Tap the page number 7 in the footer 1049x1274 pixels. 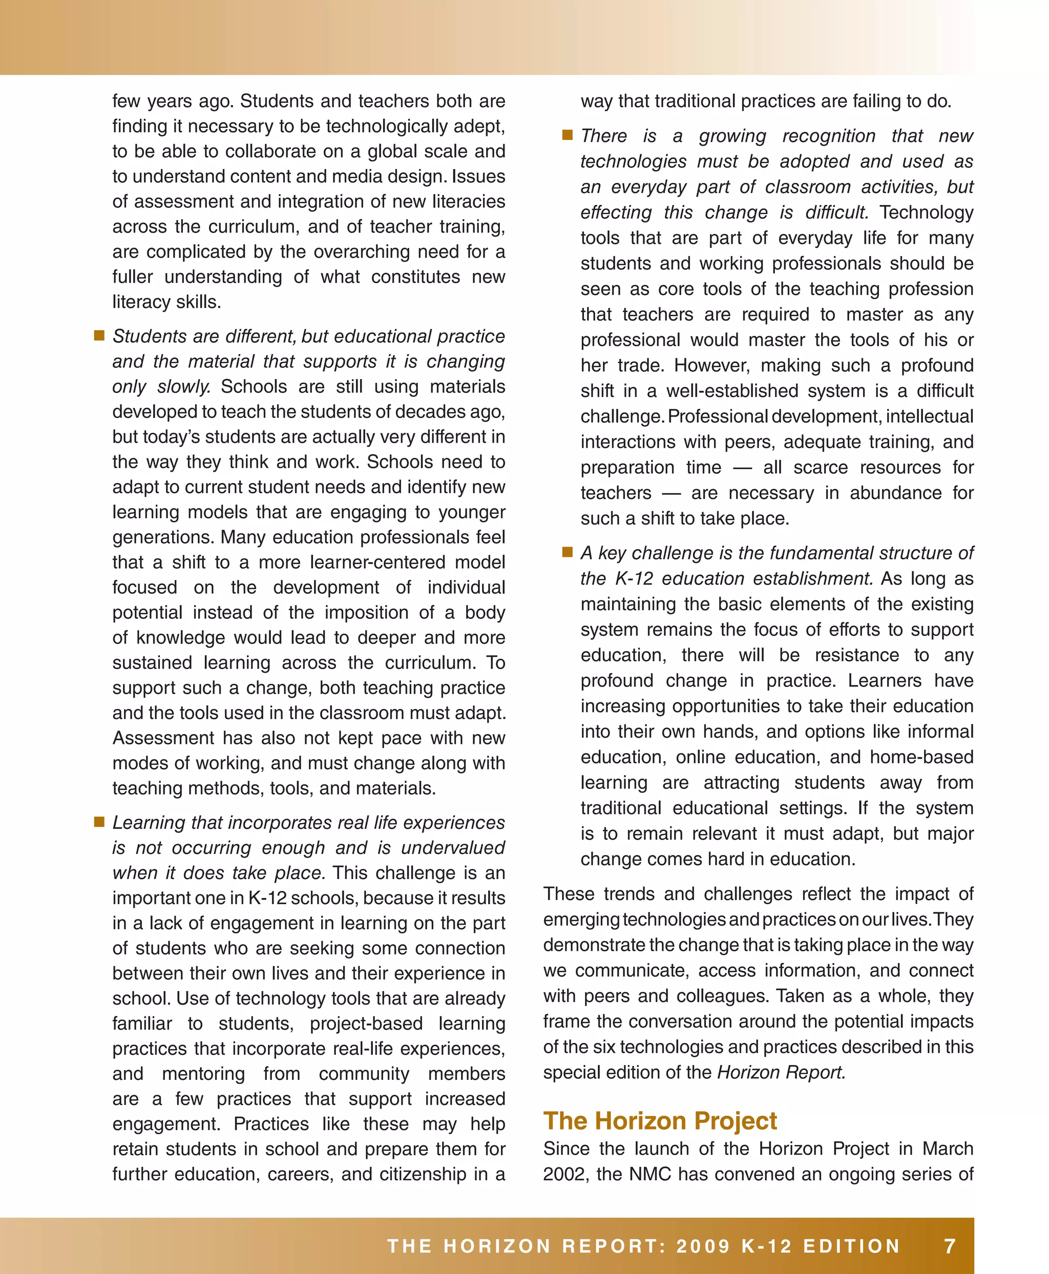point(950,1246)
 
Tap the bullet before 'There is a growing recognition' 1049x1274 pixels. point(568,135)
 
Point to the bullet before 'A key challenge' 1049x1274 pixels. point(568,552)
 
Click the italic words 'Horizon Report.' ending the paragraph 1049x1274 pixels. point(781,1072)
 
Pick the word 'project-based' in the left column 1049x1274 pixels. point(366,1023)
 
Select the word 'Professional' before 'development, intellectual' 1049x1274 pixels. point(718,416)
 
